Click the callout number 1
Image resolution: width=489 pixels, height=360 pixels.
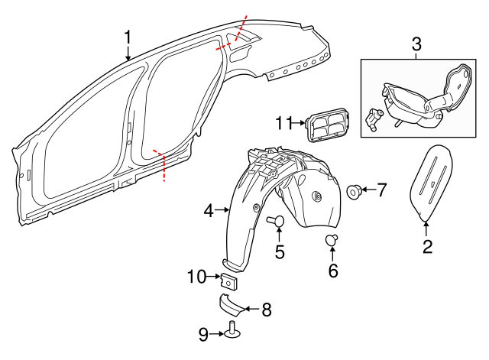[x=128, y=37]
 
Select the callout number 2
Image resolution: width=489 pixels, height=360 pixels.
[x=427, y=246]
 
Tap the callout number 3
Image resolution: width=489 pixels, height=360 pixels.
[x=416, y=44]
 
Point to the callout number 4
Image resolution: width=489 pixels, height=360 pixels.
[x=209, y=209]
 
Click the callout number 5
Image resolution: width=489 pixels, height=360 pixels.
[x=279, y=251]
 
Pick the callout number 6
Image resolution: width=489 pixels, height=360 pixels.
[x=332, y=270]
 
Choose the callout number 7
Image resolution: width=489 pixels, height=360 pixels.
[x=382, y=189]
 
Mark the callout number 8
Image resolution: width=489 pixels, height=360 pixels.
[x=266, y=310]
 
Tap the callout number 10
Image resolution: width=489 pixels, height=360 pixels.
[x=195, y=277]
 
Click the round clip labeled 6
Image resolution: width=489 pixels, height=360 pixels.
[x=332, y=241]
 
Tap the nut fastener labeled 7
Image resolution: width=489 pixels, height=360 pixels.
[x=355, y=190]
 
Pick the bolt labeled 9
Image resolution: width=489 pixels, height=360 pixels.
[x=232, y=331]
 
